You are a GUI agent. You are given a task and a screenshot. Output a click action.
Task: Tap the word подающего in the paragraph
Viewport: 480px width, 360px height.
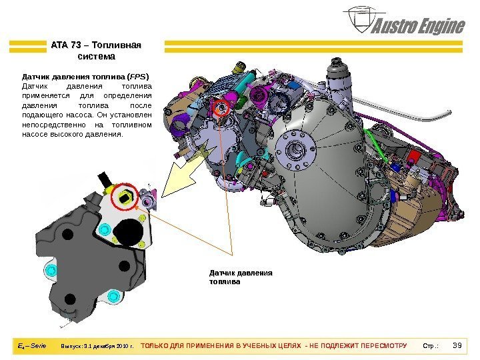coord(45,115)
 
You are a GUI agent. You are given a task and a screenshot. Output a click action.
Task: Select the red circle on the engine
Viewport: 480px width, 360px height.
coord(221,106)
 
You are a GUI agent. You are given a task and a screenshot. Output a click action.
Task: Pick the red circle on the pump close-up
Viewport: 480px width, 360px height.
coord(125,198)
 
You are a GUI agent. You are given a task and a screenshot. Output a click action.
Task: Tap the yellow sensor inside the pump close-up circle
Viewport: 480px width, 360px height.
coord(125,197)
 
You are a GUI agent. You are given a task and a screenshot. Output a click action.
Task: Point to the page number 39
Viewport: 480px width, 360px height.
coord(457,345)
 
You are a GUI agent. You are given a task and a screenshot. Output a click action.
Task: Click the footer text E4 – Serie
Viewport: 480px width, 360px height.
coord(32,346)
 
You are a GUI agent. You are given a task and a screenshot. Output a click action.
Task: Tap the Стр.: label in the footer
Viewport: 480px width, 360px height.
coord(431,346)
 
